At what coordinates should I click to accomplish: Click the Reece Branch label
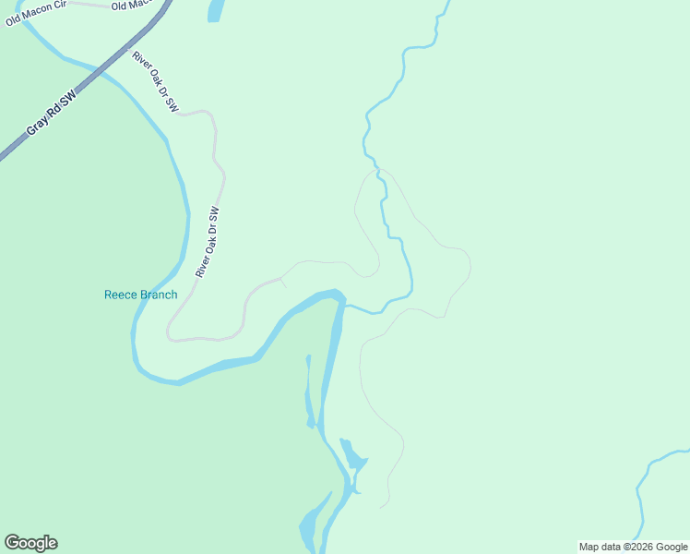pyautogui.click(x=140, y=295)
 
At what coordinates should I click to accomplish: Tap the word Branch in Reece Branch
pyautogui.click(x=158, y=295)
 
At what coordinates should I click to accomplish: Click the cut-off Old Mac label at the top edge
pyautogui.click(x=129, y=6)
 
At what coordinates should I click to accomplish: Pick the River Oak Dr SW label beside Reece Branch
pyautogui.click(x=208, y=242)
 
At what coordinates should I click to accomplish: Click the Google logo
pyautogui.click(x=30, y=543)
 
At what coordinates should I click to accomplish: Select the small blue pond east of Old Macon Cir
pyautogui.click(x=216, y=9)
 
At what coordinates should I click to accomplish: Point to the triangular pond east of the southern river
pyautogui.click(x=352, y=454)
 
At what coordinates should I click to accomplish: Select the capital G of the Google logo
pyautogui.click(x=12, y=543)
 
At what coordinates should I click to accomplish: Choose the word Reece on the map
pyautogui.click(x=120, y=295)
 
